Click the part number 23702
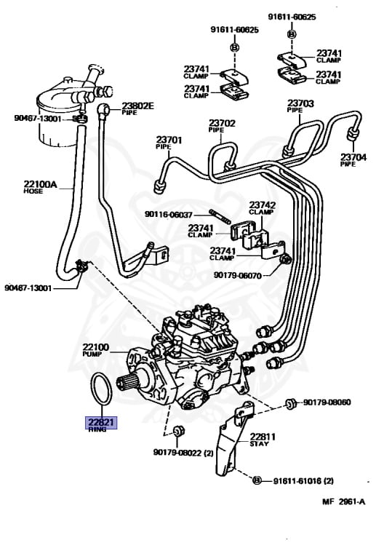[x=222, y=124]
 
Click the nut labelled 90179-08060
[x=290, y=402]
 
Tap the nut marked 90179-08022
[x=178, y=432]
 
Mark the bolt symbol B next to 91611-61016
[x=256, y=480]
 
